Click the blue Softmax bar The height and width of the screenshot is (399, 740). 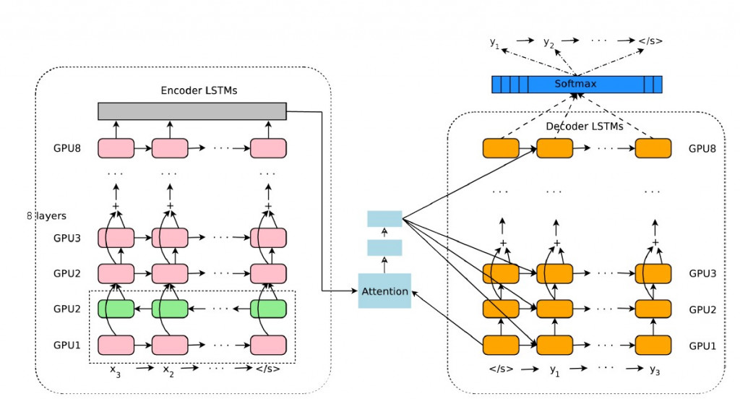click(576, 85)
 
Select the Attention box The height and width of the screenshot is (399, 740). click(384, 291)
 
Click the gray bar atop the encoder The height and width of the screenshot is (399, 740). click(192, 111)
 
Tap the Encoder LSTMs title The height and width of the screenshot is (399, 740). click(199, 90)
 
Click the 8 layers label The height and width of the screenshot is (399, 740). click(46, 215)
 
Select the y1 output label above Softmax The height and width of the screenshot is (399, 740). click(495, 43)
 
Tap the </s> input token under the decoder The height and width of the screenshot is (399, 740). click(500, 369)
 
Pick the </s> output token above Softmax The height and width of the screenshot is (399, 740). click(650, 41)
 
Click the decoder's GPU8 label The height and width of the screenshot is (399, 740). click(702, 148)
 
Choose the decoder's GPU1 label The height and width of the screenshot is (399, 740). click(702, 345)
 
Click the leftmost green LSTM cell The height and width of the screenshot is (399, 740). click(116, 309)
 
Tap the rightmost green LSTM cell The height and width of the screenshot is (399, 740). click(268, 309)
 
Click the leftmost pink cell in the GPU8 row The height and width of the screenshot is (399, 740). click(116, 148)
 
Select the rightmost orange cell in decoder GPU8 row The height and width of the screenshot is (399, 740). click(653, 148)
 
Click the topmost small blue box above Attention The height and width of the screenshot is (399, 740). click(384, 218)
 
